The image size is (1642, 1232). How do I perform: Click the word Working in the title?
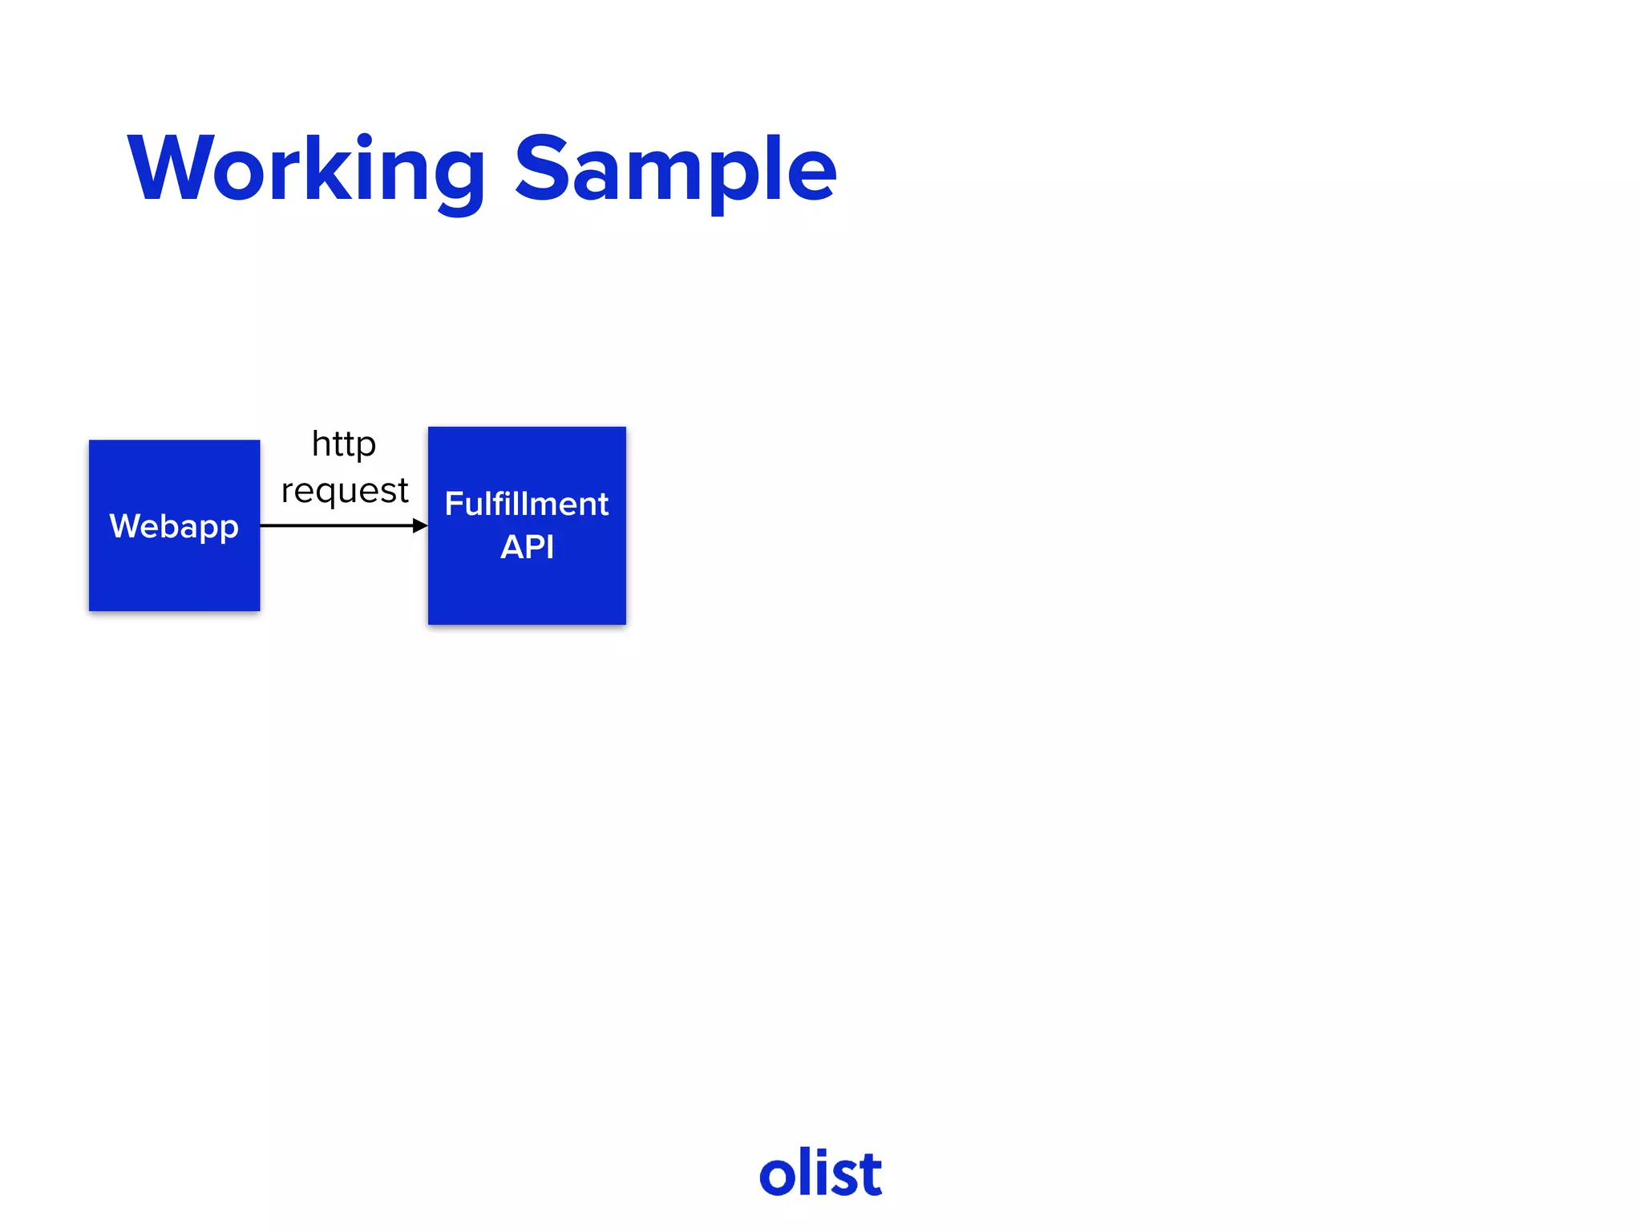tap(306, 170)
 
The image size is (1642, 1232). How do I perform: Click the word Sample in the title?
tap(675, 170)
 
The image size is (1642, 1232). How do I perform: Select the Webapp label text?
tap(174, 527)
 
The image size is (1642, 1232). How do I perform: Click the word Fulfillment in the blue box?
tap(527, 505)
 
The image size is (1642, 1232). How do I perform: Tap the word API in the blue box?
tap(527, 547)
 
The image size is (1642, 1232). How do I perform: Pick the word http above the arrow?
tap(343, 444)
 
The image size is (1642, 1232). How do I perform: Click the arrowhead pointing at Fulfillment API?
tap(420, 525)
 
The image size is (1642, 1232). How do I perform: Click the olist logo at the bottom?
tap(820, 1173)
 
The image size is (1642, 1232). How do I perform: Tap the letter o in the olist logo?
tap(778, 1177)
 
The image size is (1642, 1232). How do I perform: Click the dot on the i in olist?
tap(827, 1152)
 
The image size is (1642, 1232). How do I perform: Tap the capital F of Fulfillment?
tap(455, 504)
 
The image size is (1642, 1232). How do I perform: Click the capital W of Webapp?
tap(125, 526)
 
